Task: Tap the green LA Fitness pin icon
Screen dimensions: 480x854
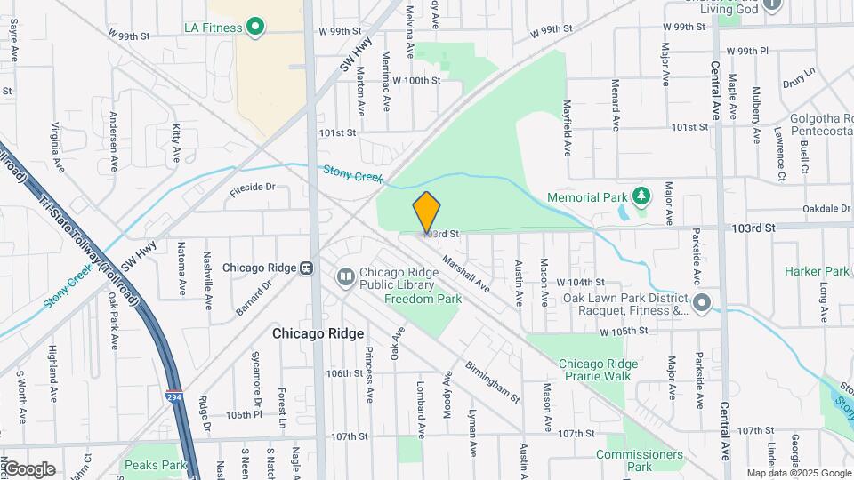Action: pos(255,28)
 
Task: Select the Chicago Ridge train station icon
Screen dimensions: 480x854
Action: pos(306,267)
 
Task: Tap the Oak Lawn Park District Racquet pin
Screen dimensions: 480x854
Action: pos(702,303)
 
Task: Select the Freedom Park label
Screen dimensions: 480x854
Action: pos(423,300)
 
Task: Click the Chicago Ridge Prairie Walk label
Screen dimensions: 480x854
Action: pos(594,370)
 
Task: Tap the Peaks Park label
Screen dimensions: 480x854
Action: pos(155,465)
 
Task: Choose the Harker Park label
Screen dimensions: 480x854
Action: pos(817,271)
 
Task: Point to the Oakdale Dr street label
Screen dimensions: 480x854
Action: pos(826,209)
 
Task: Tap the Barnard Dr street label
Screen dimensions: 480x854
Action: pos(254,298)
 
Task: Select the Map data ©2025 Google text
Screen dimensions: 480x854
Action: pos(798,473)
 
